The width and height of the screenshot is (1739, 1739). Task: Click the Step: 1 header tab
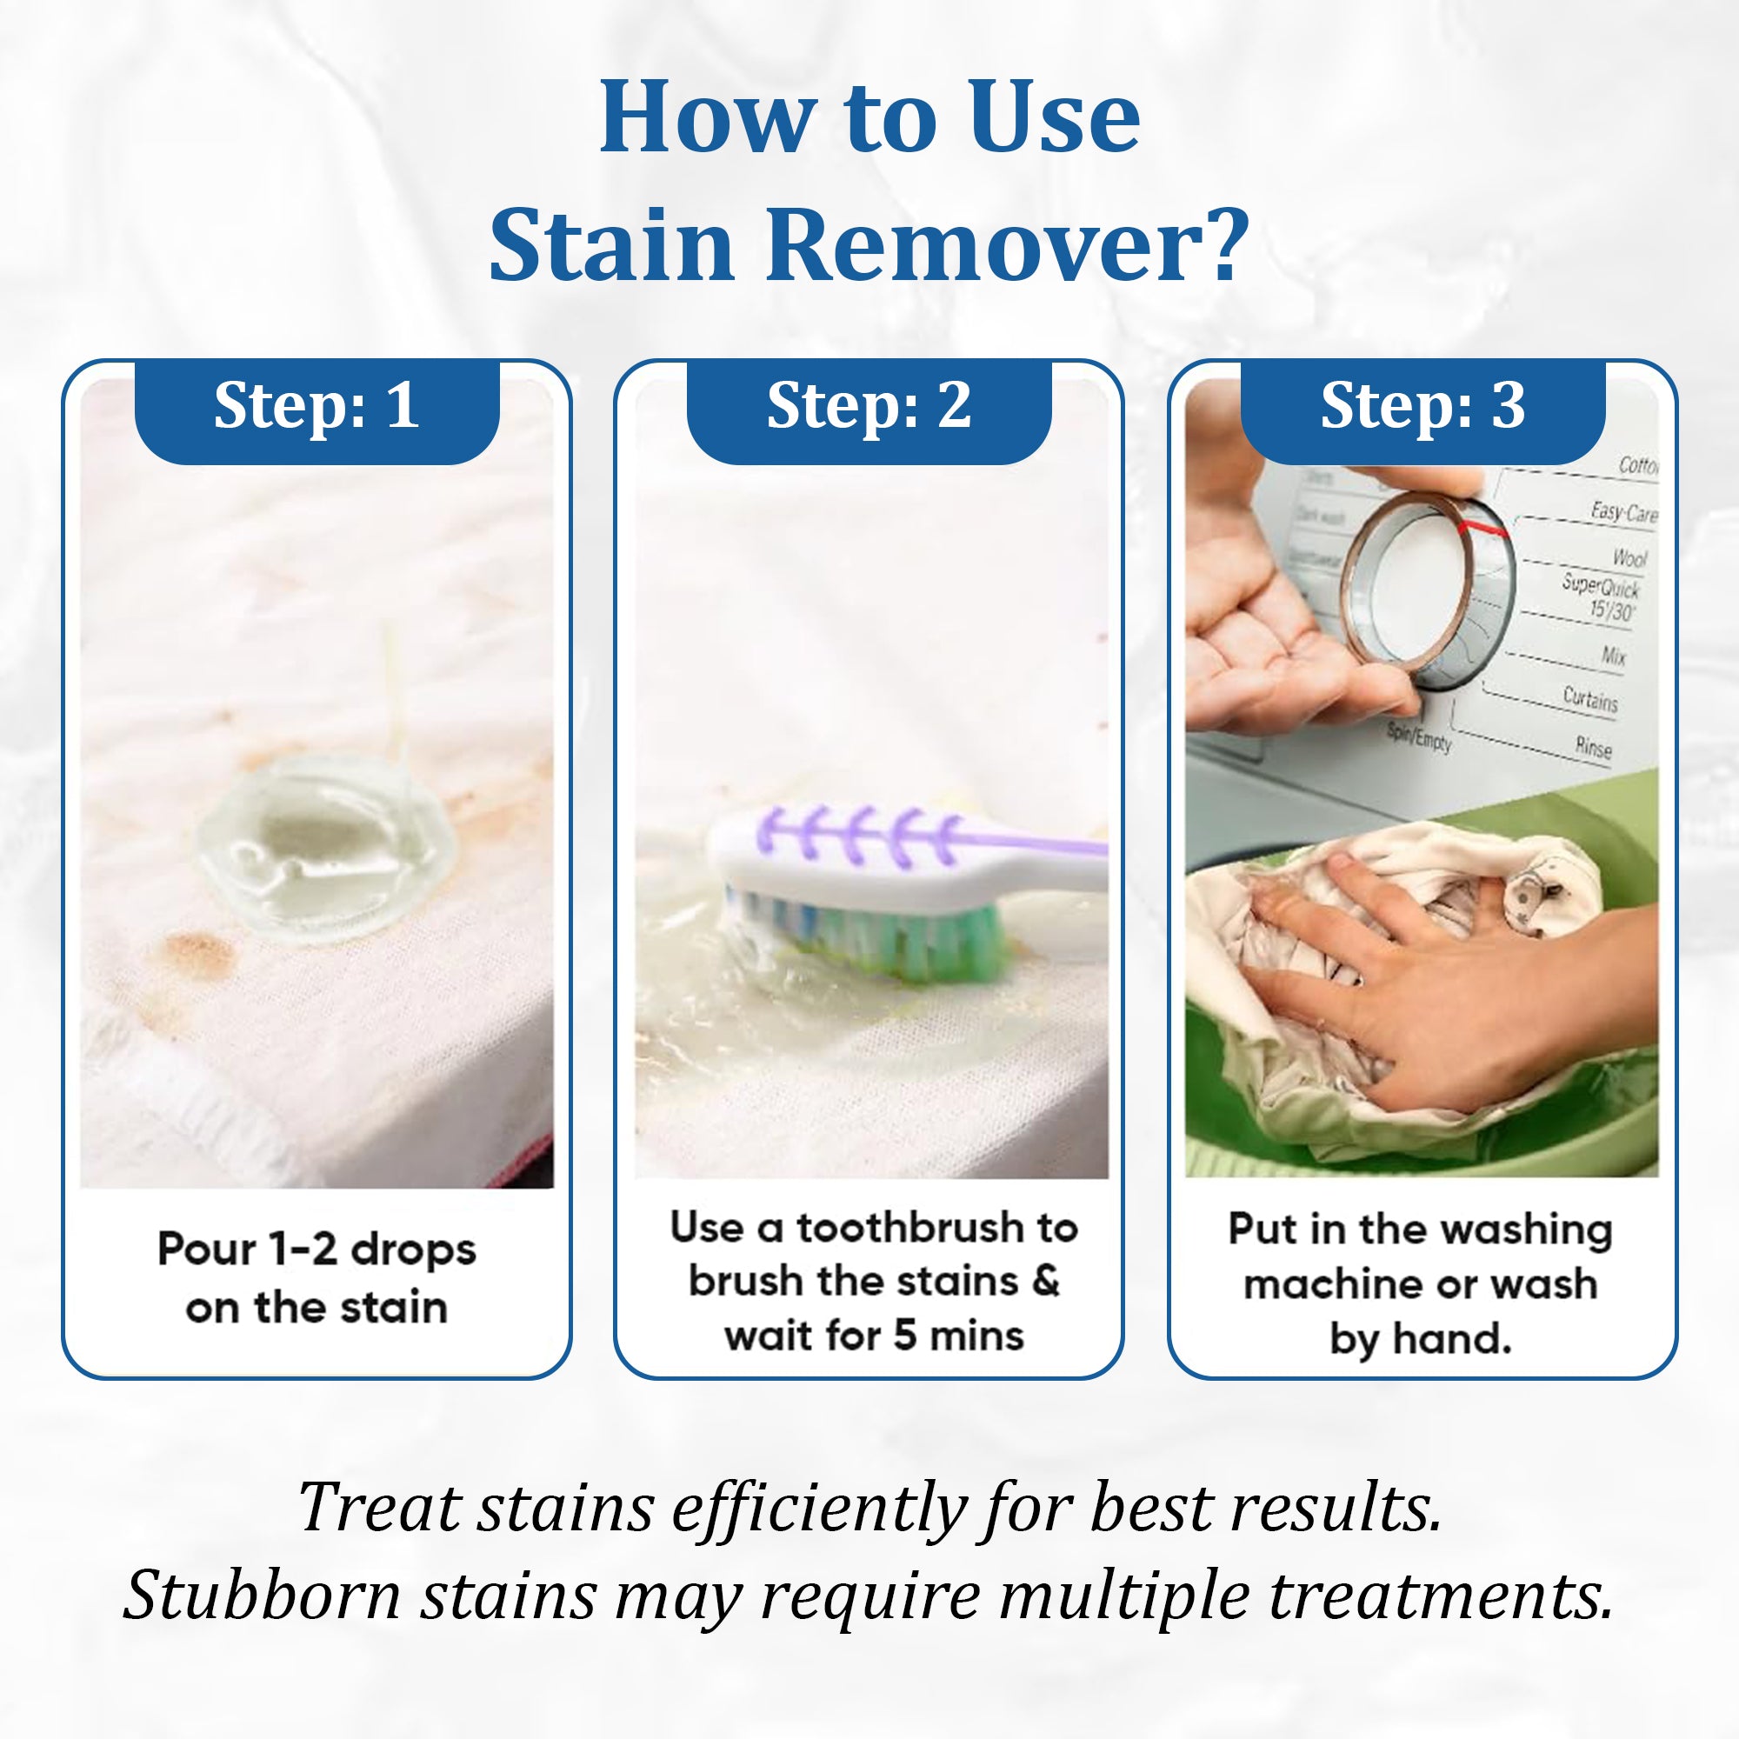316,407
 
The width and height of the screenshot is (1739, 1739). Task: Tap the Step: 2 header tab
869,407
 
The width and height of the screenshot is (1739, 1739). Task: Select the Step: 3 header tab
1423,407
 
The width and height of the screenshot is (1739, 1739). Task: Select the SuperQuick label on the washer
1601,587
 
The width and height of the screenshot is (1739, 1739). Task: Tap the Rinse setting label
1593,746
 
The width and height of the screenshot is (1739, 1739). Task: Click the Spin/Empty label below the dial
1418,738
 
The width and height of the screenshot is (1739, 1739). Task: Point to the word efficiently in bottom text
819,1508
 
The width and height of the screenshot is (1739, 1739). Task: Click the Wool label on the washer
1629,558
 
